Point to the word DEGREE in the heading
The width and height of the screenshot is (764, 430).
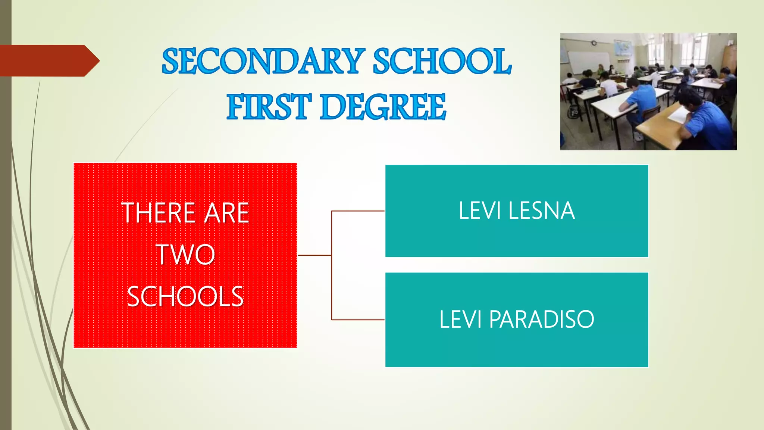(x=383, y=107)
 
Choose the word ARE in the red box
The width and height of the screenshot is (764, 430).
(x=227, y=213)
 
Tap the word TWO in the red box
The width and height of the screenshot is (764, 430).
(x=185, y=255)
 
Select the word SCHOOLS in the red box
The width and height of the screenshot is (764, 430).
(x=185, y=297)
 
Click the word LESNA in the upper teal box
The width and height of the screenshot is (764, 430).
(x=542, y=211)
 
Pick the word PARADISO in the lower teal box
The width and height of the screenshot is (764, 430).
(x=541, y=320)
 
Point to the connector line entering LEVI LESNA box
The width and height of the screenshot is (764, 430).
(x=358, y=211)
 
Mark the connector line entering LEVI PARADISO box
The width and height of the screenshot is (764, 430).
(x=358, y=320)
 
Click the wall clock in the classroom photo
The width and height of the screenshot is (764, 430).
(x=594, y=43)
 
